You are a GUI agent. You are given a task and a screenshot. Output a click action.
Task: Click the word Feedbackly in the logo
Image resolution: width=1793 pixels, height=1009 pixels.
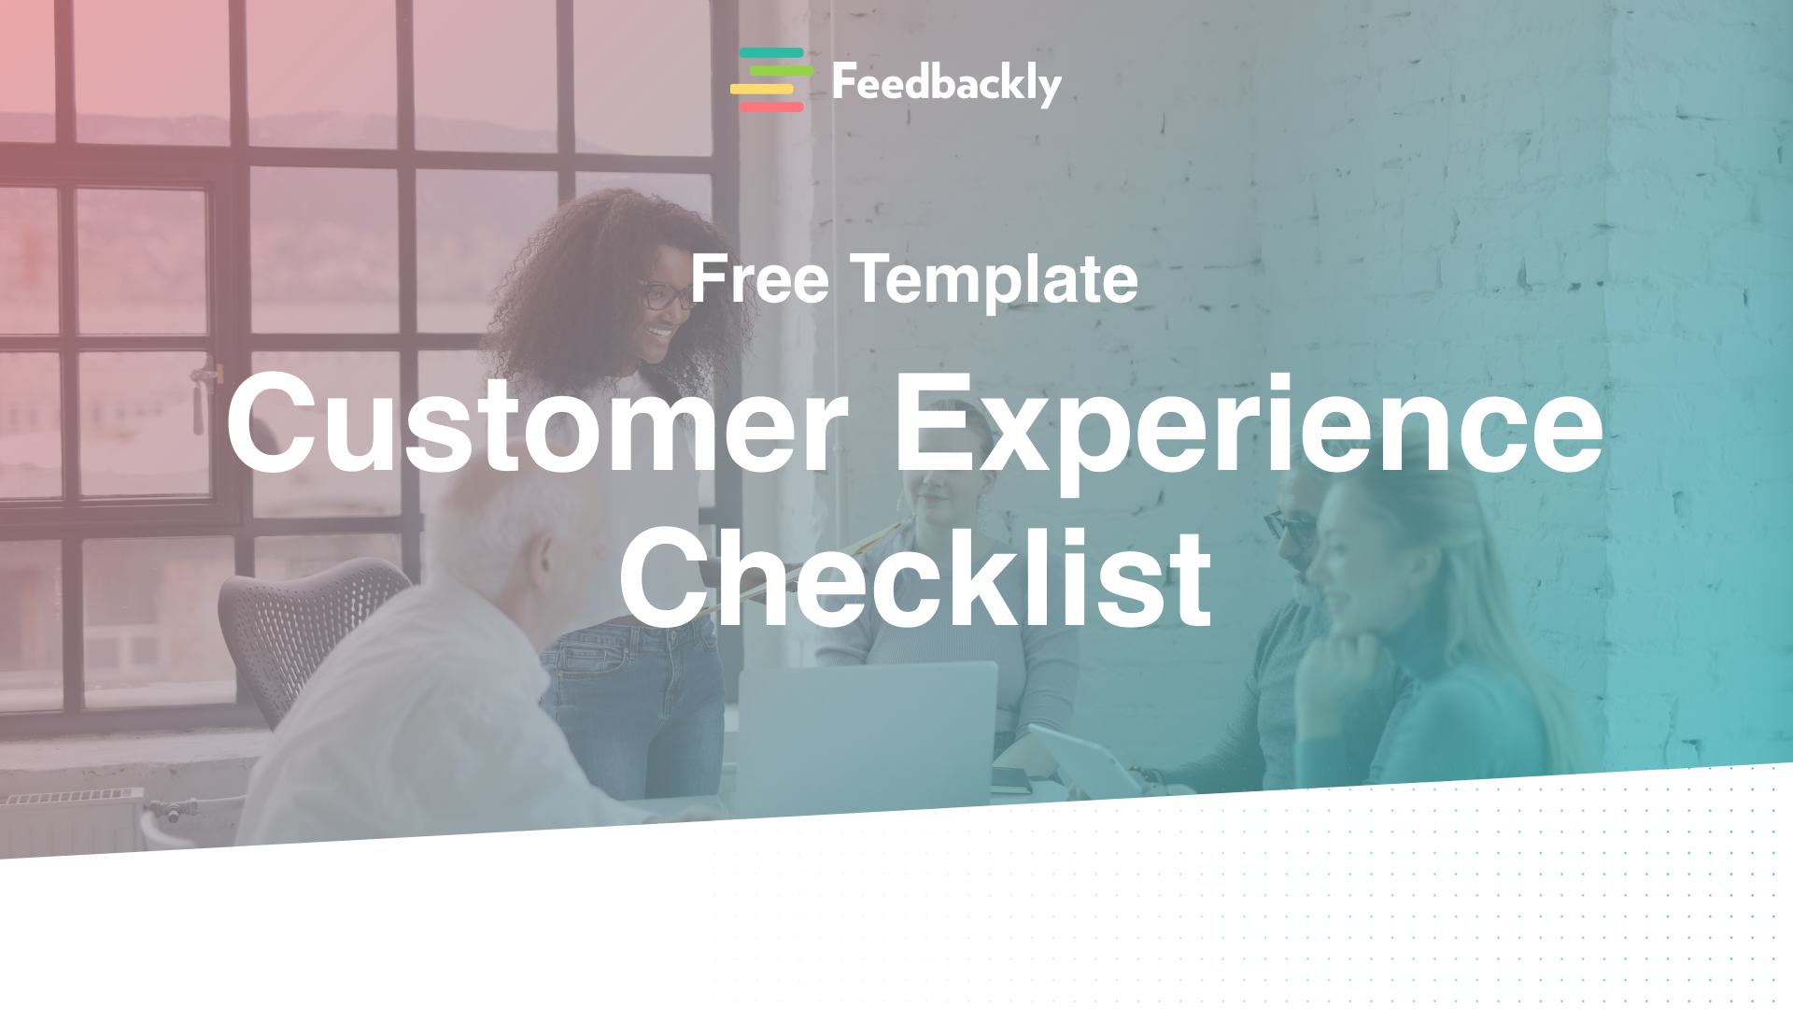click(x=946, y=83)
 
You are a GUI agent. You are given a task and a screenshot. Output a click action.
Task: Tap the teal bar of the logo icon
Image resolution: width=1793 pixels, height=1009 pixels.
click(x=771, y=53)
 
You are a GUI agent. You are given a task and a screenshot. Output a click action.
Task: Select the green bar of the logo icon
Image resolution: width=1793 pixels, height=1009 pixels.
click(x=781, y=71)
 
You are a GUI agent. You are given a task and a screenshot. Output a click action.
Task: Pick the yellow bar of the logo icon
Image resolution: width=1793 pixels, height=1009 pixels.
click(x=762, y=90)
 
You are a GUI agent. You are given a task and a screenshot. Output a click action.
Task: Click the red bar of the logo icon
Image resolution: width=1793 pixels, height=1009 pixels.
click(x=771, y=107)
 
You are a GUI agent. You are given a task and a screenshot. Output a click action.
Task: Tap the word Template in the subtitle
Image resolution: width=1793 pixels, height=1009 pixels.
click(x=994, y=279)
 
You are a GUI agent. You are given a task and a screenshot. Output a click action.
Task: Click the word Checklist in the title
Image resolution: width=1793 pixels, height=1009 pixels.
click(x=915, y=579)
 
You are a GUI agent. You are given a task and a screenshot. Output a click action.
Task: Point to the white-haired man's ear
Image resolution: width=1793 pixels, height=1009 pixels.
click(x=541, y=561)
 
